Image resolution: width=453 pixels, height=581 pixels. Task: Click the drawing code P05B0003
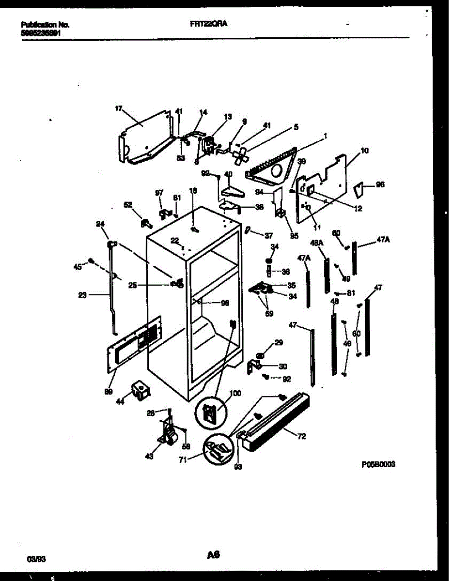378,463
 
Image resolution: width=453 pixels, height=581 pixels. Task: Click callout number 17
118,109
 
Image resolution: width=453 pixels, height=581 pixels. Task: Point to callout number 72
301,437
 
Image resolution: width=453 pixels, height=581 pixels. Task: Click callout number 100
234,394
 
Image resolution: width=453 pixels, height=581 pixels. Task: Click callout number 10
364,151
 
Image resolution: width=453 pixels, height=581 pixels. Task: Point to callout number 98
224,303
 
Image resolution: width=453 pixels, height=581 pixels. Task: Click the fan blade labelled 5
241,155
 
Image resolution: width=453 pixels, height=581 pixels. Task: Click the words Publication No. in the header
45,24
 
